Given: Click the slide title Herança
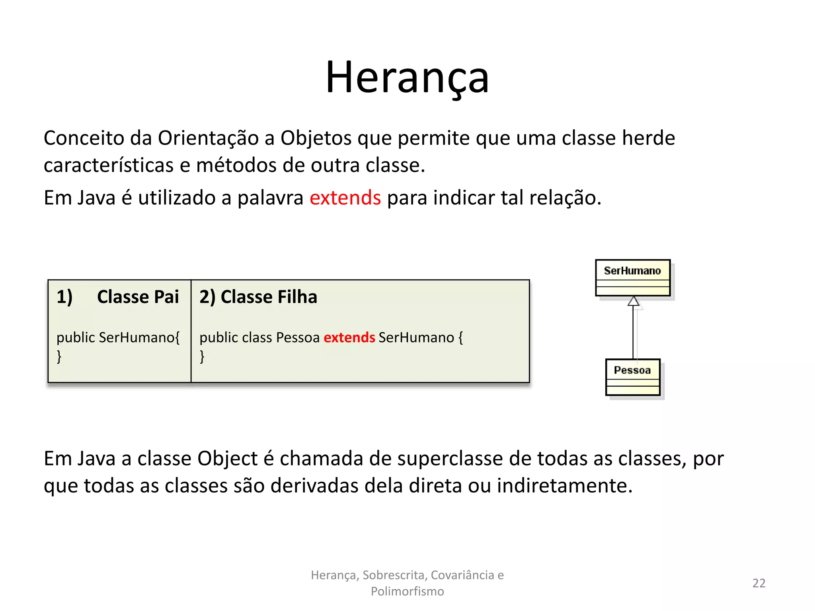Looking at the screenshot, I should pos(407,78).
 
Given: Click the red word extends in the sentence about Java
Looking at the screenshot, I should pos(345,198).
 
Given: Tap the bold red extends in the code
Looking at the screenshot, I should pos(349,337).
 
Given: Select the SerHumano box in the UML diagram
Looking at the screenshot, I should pos(632,278).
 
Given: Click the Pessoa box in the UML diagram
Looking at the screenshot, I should pos(632,377).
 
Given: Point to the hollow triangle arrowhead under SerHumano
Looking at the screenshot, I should pos(633,301).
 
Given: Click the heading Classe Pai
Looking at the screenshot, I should pos(138,297).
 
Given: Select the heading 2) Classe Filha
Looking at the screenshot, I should pos(258,297).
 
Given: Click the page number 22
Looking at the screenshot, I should pos(758,583).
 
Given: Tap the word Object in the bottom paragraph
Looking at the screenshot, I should pos(227,459).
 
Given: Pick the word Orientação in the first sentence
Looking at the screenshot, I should pos(208,138).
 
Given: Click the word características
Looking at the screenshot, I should pos(108,165).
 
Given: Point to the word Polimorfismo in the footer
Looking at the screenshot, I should pos(407,592).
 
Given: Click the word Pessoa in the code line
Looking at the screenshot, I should pos(298,337).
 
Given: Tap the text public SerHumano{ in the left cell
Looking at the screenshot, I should pos(118,337).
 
